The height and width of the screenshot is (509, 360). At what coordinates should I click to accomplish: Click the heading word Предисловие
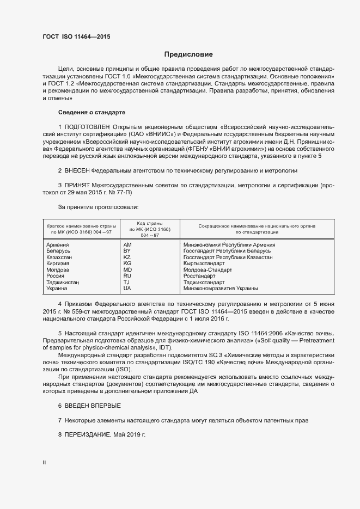tap(189, 54)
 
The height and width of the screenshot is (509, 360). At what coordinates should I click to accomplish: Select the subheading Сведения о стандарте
tap(91, 112)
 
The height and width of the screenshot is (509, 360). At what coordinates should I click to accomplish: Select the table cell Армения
tap(58, 245)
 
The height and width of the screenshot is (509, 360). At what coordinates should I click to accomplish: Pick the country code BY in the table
tap(127, 251)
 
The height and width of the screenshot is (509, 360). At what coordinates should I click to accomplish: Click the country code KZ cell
tap(127, 257)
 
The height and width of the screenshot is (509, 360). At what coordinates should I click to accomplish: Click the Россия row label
tap(57, 276)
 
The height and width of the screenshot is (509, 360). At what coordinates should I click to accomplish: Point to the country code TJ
tap(126, 283)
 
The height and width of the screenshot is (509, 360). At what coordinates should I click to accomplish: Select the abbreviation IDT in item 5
tap(166, 348)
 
